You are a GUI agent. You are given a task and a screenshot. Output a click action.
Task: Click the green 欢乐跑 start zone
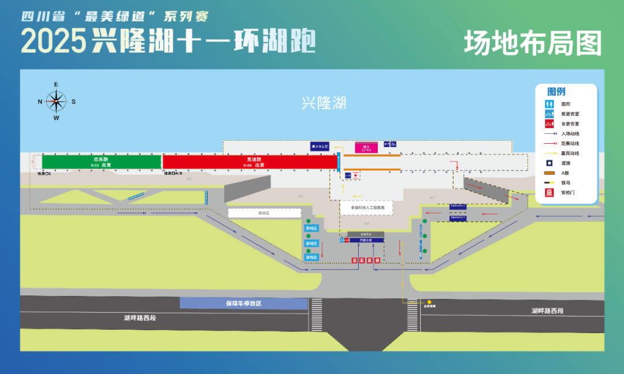[x=101, y=162]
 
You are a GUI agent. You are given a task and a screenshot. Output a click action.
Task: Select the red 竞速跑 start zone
[x=250, y=162]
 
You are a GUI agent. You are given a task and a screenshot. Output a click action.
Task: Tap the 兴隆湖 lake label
[x=324, y=103]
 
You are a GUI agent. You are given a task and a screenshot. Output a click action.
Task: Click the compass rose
[x=56, y=102]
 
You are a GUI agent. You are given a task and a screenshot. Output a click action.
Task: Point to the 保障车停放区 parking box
[x=243, y=303]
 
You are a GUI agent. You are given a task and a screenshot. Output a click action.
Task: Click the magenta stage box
[x=366, y=148]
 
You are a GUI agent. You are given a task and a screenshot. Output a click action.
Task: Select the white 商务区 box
[x=264, y=213]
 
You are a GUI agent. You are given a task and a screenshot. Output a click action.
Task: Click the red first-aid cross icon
[x=356, y=175]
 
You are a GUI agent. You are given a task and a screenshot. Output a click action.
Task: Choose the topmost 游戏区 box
[x=311, y=229]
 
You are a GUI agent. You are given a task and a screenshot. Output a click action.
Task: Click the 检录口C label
[x=44, y=173]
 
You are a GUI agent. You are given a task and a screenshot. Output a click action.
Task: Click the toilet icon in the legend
[x=549, y=104]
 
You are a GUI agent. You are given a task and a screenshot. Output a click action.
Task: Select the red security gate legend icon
[x=549, y=192]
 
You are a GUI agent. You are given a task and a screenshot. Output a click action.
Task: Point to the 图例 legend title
[x=556, y=92]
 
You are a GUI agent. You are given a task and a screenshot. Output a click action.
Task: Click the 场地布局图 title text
[x=533, y=43]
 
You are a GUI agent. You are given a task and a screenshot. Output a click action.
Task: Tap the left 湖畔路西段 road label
[x=140, y=317]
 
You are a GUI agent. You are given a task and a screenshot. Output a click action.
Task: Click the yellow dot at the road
[x=429, y=302]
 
